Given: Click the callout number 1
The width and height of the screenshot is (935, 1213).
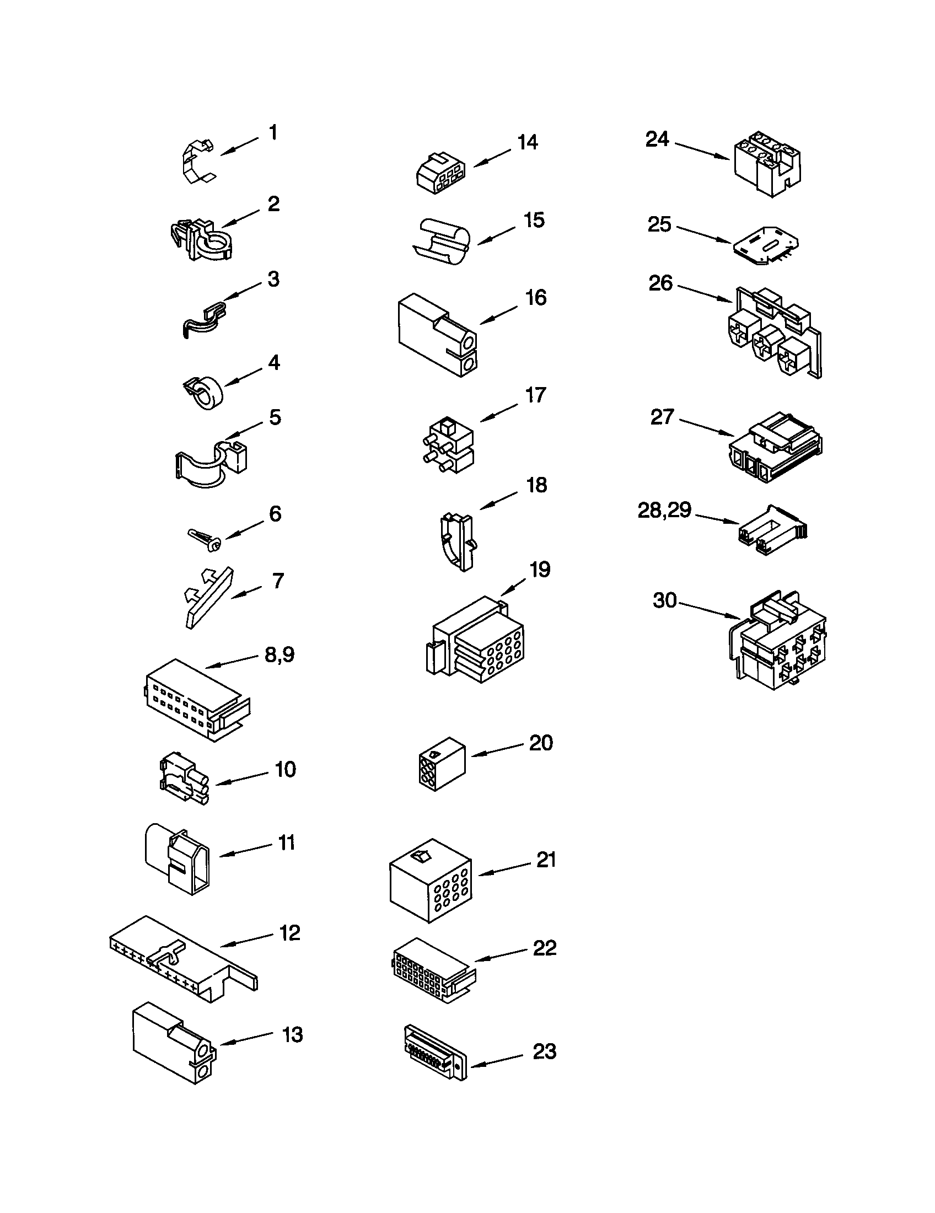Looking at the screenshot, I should point(272,133).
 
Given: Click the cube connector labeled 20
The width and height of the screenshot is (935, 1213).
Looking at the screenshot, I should point(442,764).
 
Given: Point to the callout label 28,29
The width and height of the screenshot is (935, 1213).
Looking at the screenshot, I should point(664,510).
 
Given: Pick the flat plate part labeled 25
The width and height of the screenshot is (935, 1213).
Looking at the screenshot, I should point(766,246).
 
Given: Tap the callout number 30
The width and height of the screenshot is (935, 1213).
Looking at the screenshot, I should point(665,600).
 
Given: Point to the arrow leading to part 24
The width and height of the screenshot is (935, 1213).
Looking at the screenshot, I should point(702,152).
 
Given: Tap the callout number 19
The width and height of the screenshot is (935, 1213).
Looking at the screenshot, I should point(540,570).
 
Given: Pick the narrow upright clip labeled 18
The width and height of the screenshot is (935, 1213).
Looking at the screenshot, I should point(458,541).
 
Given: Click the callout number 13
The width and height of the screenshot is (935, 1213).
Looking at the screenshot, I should point(292,1035).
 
